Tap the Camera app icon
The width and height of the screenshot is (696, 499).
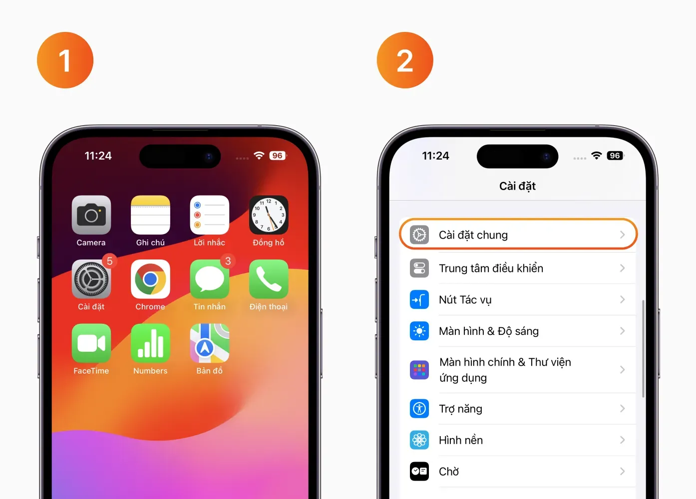(91, 215)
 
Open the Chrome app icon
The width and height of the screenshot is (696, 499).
(150, 279)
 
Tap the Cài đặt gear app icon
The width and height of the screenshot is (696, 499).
(91, 279)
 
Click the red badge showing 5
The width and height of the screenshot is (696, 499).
(109, 261)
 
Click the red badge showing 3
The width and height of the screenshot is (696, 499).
(228, 261)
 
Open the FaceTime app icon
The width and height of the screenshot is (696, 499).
(91, 343)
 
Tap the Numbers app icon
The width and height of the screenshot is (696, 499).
(150, 343)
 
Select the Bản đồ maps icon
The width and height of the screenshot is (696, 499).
(209, 343)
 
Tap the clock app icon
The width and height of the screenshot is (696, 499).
(269, 215)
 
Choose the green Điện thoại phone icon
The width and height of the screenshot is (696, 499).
(269, 279)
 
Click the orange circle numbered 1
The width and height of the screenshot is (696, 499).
(65, 60)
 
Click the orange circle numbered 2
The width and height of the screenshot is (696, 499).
(405, 60)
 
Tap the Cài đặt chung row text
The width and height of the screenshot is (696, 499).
(473, 235)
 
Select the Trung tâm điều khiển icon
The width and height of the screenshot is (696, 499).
(419, 268)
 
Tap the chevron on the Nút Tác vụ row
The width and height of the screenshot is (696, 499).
(623, 299)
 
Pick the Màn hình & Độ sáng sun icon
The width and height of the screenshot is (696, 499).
(419, 331)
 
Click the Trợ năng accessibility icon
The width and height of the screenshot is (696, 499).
(419, 408)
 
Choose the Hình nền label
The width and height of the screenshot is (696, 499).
(461, 440)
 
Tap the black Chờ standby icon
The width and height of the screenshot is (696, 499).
(419, 472)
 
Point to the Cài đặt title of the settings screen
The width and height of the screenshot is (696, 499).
(517, 186)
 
